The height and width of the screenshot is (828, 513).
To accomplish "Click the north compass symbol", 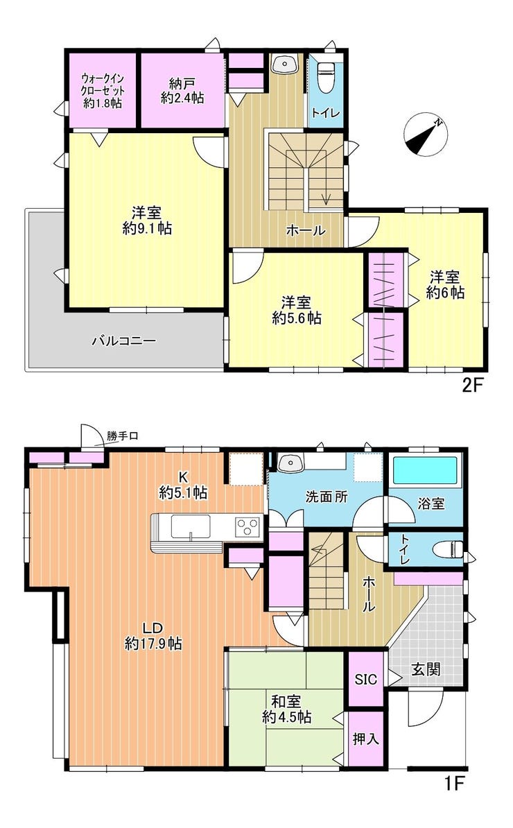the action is click(x=426, y=135).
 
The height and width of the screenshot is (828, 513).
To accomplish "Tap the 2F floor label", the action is click(x=473, y=386).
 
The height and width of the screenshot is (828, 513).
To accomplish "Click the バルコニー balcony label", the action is click(x=124, y=340).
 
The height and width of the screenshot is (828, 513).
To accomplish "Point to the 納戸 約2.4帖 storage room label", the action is click(x=182, y=90).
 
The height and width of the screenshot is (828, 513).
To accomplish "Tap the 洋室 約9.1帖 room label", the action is click(x=147, y=221).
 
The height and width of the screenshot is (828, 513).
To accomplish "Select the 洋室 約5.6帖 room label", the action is click(x=297, y=310).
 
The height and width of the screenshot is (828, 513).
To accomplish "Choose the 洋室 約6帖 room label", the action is click(x=445, y=284).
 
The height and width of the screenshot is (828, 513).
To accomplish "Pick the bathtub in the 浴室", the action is click(x=426, y=470).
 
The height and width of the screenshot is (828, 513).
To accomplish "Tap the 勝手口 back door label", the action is click(x=123, y=436).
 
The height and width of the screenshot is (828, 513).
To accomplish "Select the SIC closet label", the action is click(x=366, y=679).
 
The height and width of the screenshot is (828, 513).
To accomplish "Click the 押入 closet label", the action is click(x=366, y=739).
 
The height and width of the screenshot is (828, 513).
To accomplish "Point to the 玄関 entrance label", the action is click(x=426, y=670).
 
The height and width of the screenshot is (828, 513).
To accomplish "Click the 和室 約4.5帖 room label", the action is click(x=286, y=709).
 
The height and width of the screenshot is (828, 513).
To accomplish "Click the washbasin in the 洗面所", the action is click(x=290, y=463).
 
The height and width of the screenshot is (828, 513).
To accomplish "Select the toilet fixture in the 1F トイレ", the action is click(x=448, y=550).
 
